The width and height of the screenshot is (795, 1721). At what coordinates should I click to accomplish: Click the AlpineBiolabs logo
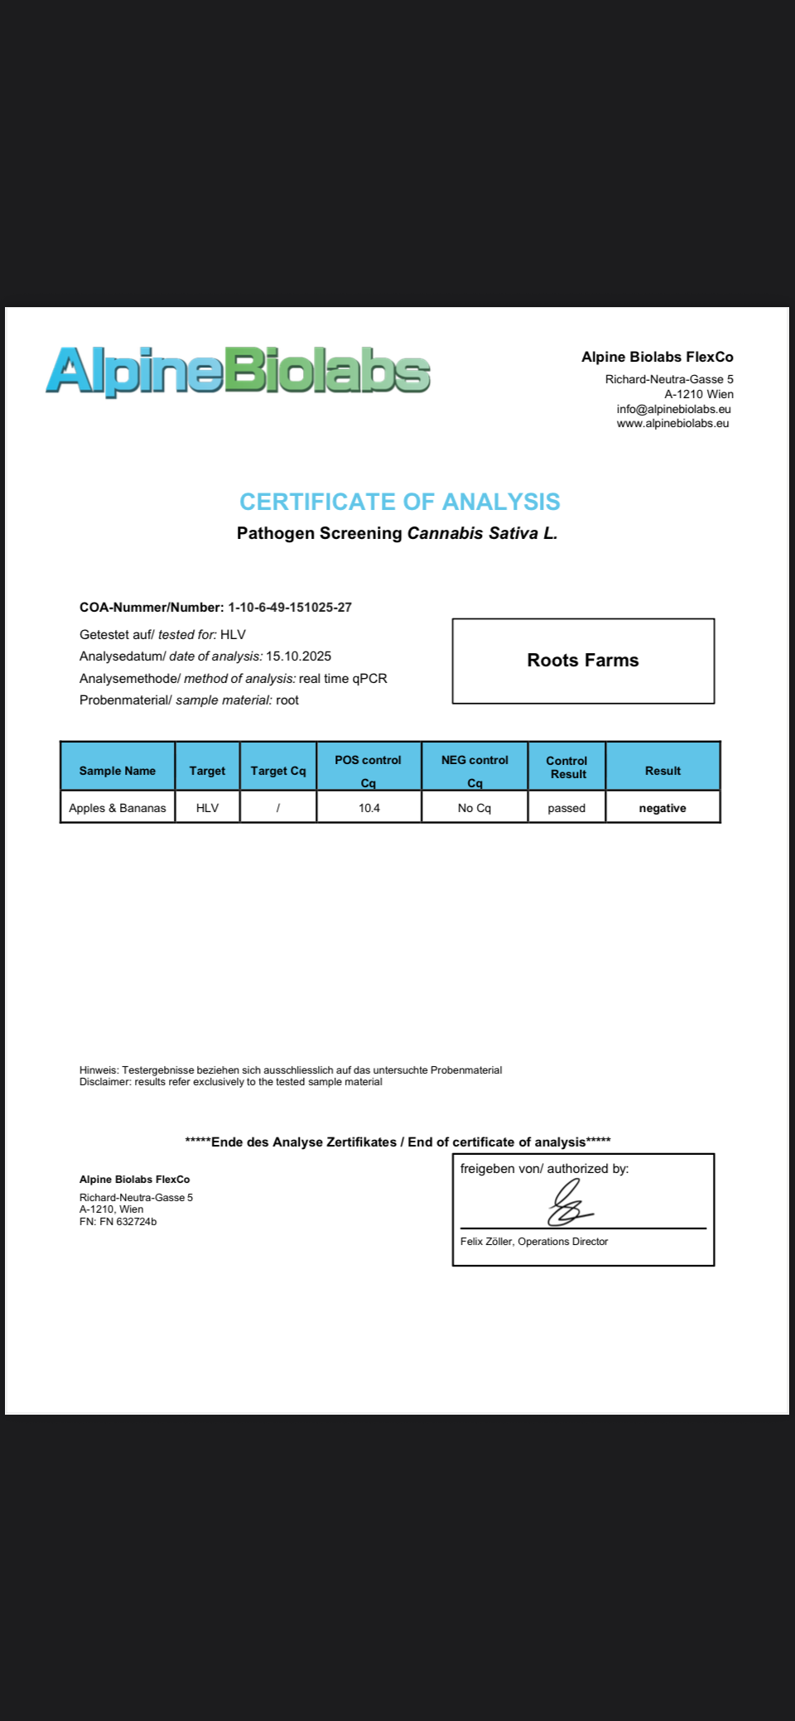238,370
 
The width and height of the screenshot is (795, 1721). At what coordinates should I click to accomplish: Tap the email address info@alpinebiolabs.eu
673,409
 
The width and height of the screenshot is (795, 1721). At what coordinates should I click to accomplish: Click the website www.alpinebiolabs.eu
672,423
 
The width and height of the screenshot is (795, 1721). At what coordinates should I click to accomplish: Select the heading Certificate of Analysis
399,502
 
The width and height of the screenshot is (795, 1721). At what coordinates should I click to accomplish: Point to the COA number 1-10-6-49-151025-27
290,607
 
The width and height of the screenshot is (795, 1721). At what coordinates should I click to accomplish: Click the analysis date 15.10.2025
298,656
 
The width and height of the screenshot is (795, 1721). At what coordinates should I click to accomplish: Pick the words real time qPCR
343,678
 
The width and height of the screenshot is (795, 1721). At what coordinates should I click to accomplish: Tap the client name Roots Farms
583,660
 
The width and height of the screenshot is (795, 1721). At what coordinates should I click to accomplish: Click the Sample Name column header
118,771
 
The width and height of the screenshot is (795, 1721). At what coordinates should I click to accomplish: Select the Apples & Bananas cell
118,808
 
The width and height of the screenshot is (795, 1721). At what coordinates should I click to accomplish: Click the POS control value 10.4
369,808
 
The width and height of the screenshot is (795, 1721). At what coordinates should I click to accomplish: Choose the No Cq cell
475,808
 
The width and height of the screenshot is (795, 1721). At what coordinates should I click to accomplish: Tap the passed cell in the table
566,808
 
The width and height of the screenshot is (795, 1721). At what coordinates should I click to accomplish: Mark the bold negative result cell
662,808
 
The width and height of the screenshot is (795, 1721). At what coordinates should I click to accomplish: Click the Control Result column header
567,767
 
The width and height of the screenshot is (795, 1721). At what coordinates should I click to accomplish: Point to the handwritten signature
569,1204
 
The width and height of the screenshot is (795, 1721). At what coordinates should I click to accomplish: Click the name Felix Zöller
486,1241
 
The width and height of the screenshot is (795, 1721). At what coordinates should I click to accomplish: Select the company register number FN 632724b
128,1221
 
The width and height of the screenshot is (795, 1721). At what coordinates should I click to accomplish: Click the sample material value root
287,699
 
